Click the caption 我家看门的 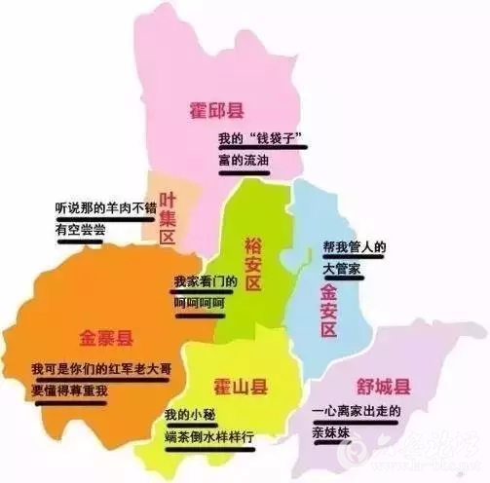pyautogui.click(x=206, y=281)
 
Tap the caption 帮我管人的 pyautogui.click(x=355, y=245)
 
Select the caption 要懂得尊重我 pyautogui.click(x=67, y=391)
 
